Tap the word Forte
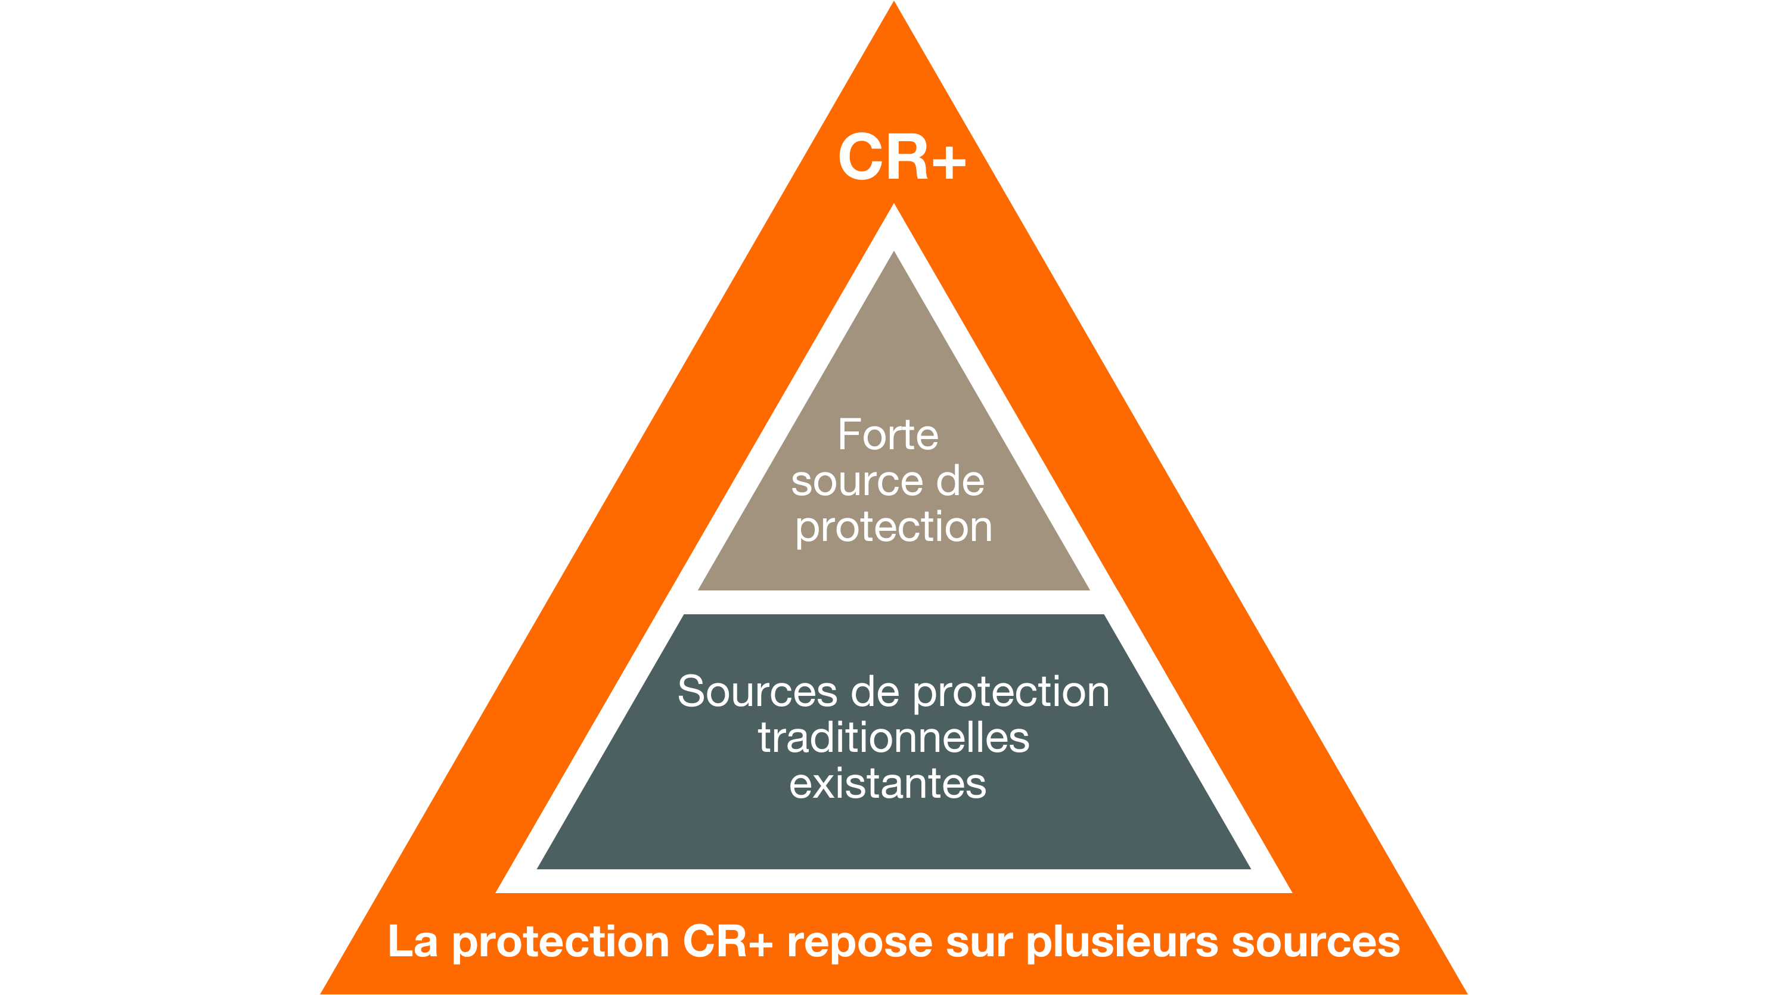(888, 435)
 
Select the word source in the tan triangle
(856, 481)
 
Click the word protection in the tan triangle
(893, 528)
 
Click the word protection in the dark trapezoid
(1011, 692)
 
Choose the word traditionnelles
(893, 738)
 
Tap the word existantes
(888, 784)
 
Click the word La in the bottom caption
(412, 941)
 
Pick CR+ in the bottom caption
(727, 941)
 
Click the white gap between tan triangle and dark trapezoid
(894, 602)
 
